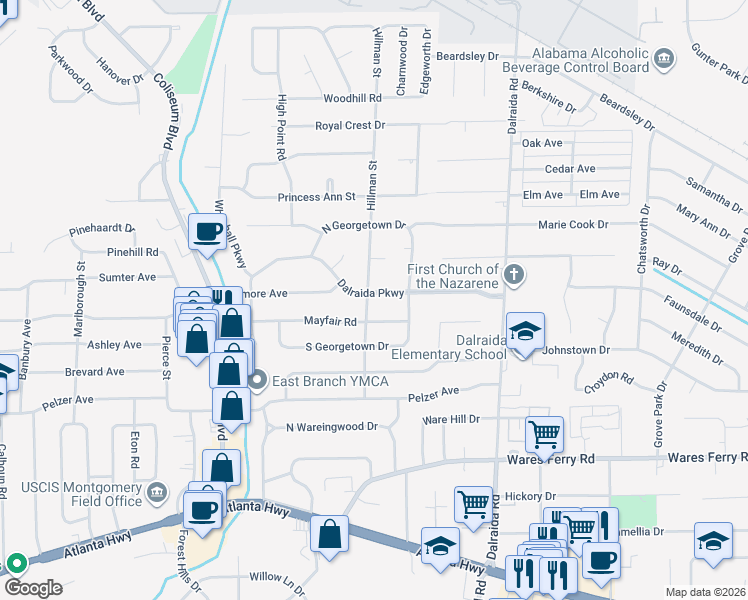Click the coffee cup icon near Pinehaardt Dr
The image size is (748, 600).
tap(208, 232)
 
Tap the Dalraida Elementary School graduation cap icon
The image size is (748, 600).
tap(524, 331)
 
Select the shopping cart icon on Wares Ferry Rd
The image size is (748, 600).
tap(544, 434)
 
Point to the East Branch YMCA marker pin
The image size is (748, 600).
tap(259, 379)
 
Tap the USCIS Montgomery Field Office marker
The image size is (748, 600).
tap(156, 492)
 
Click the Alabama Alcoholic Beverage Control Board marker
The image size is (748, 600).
tap(663, 60)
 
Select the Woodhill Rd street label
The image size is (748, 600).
tap(353, 98)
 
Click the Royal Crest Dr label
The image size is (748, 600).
tap(350, 125)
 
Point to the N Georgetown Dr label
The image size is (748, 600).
tap(363, 227)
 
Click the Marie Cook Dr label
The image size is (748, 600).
tap(573, 225)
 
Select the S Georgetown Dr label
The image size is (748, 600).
tap(347, 346)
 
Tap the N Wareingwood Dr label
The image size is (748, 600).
tap(331, 427)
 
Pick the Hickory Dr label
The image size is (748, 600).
tap(530, 496)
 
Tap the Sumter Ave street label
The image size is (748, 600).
tap(127, 277)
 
